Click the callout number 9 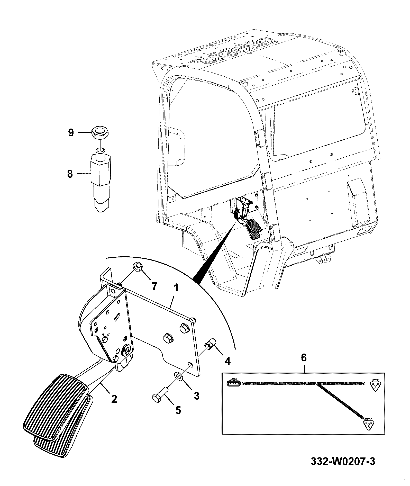coord(71,133)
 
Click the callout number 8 coord(70,174)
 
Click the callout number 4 coord(227,362)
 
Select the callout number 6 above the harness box coord(304,358)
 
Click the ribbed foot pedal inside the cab coord(253,229)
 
